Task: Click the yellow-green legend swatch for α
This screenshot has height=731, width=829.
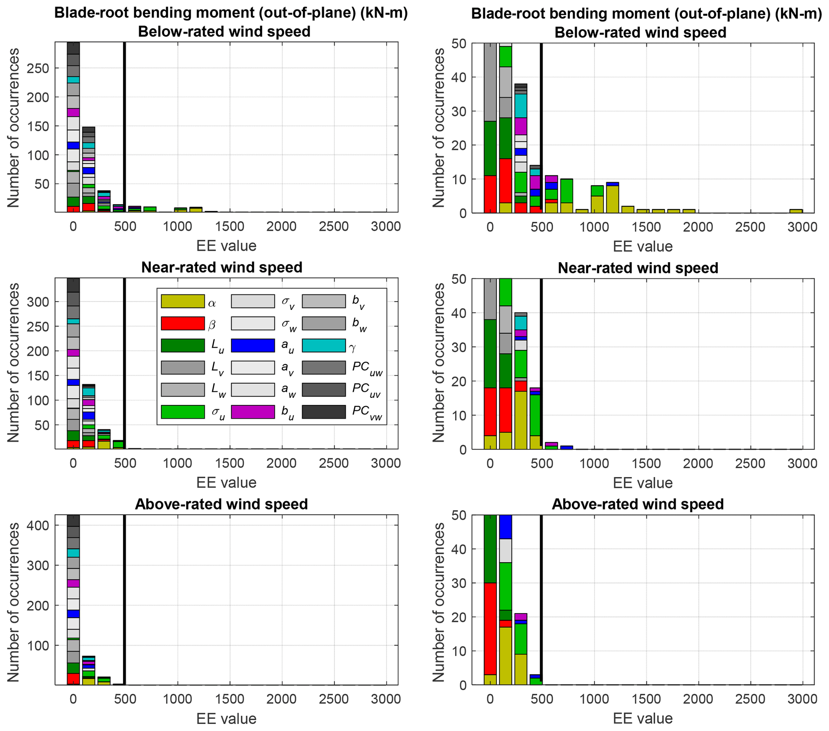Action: point(182,301)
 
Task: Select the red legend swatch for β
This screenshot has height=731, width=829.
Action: point(182,324)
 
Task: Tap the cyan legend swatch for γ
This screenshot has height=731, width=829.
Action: point(324,345)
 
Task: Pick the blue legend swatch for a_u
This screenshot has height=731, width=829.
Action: point(253,345)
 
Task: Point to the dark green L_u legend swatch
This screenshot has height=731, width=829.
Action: point(182,345)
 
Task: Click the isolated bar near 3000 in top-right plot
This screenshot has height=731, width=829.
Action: point(796,211)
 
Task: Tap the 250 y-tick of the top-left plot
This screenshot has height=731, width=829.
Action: point(37,69)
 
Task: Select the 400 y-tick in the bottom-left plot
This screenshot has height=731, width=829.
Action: point(37,526)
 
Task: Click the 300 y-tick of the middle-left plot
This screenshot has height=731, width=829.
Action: point(37,302)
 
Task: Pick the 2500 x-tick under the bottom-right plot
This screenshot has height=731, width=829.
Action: point(750,699)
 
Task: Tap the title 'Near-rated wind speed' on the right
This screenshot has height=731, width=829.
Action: point(638,268)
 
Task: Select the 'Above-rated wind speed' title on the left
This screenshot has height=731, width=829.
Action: point(221,504)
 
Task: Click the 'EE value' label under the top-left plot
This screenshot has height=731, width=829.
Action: point(226,246)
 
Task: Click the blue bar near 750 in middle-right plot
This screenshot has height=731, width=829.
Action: point(567,447)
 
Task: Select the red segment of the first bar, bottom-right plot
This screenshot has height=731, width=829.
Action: point(490,628)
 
